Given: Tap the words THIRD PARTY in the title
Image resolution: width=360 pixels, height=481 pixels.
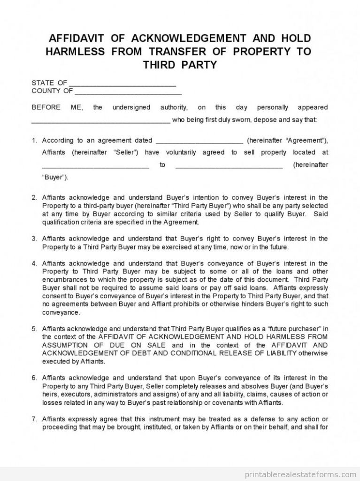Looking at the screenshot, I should pos(180,64).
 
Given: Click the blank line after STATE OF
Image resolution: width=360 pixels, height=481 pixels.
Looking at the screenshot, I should pos(123,83).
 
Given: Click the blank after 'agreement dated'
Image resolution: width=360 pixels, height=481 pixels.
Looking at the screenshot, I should pos(199,140).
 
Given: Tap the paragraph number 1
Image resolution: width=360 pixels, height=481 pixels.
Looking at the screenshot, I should pos(34,140).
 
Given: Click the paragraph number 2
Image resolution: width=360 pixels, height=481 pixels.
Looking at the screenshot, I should pos(34,197).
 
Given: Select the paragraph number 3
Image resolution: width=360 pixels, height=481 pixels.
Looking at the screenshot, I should pos(34,239).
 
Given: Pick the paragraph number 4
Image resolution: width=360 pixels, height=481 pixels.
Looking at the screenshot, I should pos(34,263).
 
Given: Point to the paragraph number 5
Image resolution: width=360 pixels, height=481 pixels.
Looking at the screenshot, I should pos(34,328).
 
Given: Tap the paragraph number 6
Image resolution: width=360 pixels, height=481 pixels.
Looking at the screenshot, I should pos(34,378).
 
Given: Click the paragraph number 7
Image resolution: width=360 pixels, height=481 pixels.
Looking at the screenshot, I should pos(34,419).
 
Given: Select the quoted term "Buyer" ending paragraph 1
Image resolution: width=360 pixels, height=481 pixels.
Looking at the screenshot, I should pos(55,177).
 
